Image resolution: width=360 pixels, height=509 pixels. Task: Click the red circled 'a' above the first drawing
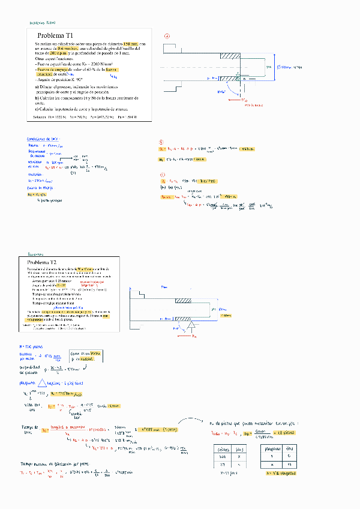[167, 36]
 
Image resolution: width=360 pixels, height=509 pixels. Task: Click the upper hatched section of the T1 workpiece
[230, 56]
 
